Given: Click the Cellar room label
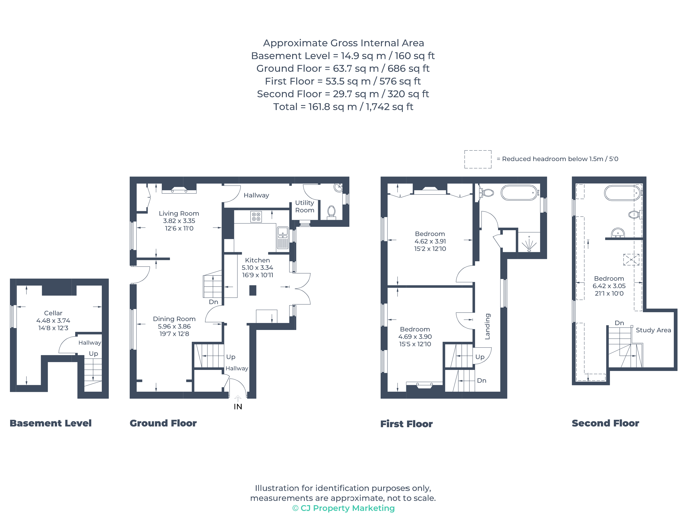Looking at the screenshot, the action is click(x=53, y=313).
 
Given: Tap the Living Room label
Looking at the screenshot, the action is click(x=179, y=213).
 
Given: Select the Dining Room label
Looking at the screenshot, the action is click(x=174, y=319).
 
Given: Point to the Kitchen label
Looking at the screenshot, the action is click(x=257, y=260).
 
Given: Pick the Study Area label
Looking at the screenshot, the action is click(x=653, y=330).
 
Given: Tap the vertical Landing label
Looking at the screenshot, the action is click(x=488, y=326).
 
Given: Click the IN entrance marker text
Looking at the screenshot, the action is click(x=238, y=406).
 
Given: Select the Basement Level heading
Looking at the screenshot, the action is click(x=50, y=423).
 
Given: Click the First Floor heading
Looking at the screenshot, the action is click(x=406, y=424).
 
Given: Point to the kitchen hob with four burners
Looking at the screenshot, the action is click(x=256, y=217).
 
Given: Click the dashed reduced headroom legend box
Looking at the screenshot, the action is click(x=478, y=159).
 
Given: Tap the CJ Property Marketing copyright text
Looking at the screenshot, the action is click(x=343, y=508).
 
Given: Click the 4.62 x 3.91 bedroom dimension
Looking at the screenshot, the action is click(x=430, y=241).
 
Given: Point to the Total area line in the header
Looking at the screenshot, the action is click(x=343, y=107).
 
